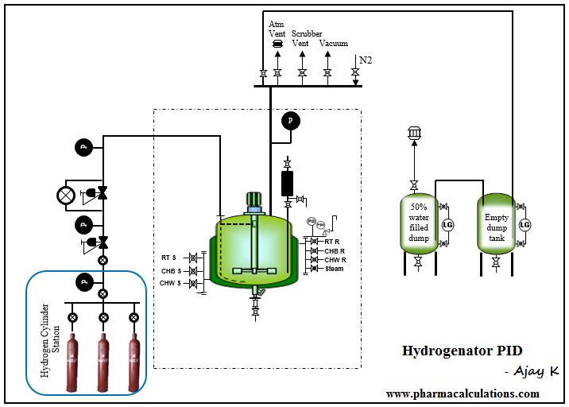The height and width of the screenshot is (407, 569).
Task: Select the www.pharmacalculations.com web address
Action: [462, 393]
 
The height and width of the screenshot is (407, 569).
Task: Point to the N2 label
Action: [365, 60]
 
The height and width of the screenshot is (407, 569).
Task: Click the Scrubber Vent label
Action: [306, 38]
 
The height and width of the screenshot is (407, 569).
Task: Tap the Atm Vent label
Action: [277, 29]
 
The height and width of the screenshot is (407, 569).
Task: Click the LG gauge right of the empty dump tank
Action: [524, 226]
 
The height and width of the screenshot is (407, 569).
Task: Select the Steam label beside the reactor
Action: [335, 269]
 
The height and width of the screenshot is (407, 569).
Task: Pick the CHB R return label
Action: [335, 250]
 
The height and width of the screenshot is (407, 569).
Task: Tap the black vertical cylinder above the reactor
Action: [288, 182]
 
